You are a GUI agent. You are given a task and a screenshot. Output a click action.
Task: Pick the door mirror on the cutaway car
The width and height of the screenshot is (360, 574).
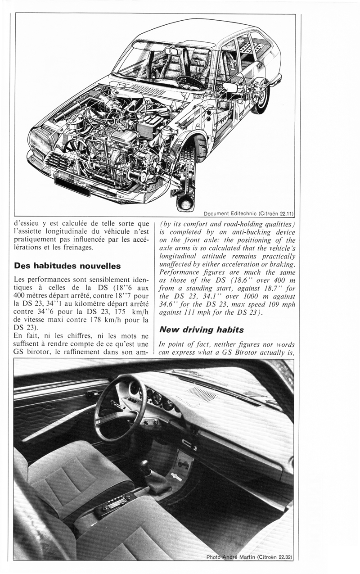point(229,88)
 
